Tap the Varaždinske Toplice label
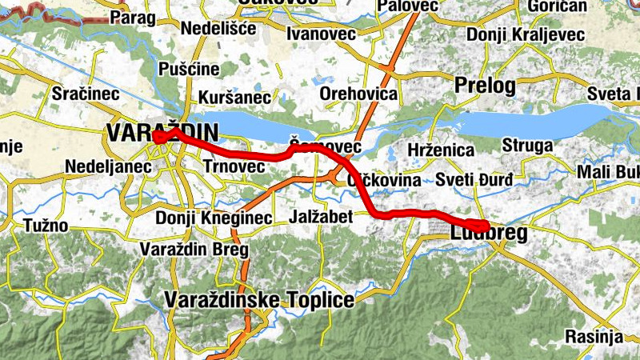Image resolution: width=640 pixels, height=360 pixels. point(258,300)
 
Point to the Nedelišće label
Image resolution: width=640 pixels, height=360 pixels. point(218,28)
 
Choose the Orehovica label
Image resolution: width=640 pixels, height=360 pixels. point(358,94)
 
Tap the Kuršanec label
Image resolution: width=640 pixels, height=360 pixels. point(234,97)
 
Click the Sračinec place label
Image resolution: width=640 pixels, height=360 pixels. point(86,93)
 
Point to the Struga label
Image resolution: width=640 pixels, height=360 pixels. point(527,146)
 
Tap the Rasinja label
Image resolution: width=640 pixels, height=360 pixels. point(593,335)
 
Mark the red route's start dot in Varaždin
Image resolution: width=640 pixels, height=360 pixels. point(158,137)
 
